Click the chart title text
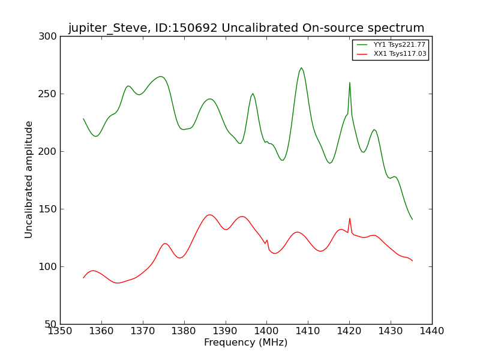click(x=246, y=28)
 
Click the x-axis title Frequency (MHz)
click(x=246, y=343)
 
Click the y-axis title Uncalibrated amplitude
click(x=29, y=179)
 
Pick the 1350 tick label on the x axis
click(x=60, y=331)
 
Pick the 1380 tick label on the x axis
click(x=184, y=331)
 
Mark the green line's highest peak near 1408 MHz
click(x=301, y=68)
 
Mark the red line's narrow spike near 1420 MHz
click(x=350, y=218)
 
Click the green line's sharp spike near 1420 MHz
click(x=350, y=83)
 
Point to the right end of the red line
click(x=412, y=260)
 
